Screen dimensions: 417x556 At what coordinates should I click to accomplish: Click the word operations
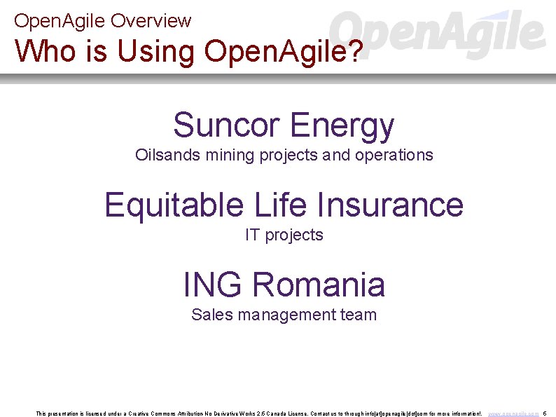(x=394, y=156)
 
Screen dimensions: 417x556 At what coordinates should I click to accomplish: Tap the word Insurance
(x=390, y=205)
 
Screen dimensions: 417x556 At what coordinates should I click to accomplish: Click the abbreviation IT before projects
(x=252, y=235)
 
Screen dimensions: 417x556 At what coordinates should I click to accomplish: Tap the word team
(x=359, y=315)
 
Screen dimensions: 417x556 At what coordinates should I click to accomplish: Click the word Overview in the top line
(x=151, y=21)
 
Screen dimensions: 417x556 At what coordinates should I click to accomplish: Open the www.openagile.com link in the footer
(x=513, y=414)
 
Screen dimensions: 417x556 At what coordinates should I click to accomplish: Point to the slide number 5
(x=545, y=414)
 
